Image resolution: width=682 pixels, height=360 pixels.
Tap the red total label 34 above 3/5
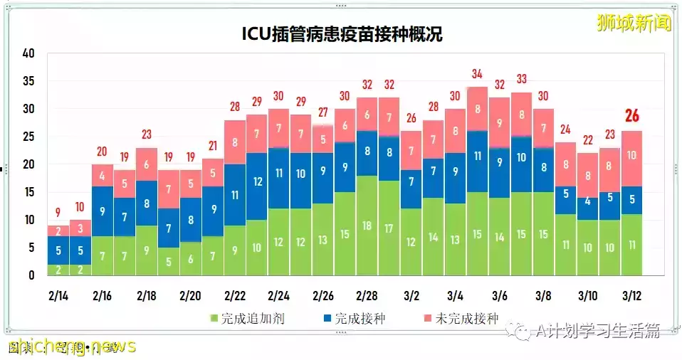[x=478, y=74]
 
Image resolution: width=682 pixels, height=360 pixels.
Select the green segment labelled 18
[x=367, y=225]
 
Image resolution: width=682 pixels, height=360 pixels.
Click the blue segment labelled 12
[x=258, y=181]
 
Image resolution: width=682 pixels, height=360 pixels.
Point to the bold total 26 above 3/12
[x=631, y=116]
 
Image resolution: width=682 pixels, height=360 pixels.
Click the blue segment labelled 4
[x=587, y=203]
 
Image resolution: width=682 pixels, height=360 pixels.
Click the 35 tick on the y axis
[x=28, y=81]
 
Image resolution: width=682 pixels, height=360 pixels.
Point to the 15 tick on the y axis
[x=28, y=192]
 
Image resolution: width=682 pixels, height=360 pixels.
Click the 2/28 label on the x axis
[x=367, y=295]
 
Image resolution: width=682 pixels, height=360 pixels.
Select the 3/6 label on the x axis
[x=500, y=295]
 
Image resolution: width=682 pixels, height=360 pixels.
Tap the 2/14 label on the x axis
[x=59, y=295]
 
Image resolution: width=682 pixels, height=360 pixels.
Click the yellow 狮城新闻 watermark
[x=632, y=23]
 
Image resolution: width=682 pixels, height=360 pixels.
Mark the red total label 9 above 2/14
[x=58, y=211]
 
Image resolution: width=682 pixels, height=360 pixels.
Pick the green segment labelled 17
[x=389, y=228]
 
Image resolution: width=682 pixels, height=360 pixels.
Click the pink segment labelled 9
[x=500, y=122]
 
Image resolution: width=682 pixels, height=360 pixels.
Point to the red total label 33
[x=521, y=79]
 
